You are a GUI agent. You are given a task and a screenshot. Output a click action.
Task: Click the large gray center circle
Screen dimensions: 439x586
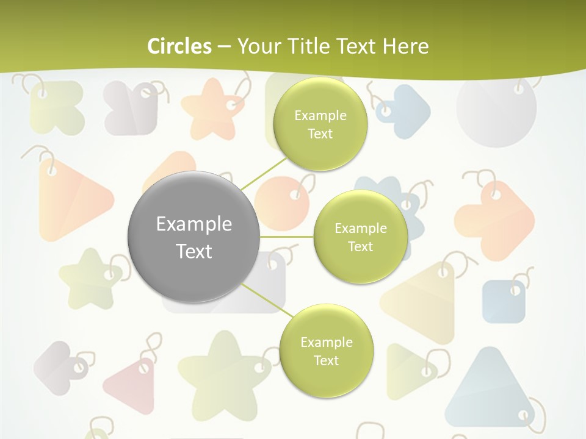[194, 237]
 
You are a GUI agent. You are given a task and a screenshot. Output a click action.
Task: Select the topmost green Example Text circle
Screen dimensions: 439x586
[319, 124]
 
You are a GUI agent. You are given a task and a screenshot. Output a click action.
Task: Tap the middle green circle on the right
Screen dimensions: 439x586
[360, 237]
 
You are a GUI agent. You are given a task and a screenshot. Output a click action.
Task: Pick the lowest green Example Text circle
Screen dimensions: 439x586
[326, 351]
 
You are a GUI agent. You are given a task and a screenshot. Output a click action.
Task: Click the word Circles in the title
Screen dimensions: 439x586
[179, 46]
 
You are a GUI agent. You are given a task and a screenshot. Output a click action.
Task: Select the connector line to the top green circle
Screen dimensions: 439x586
[263, 172]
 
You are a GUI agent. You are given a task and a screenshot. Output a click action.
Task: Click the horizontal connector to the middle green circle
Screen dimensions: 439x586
[286, 237]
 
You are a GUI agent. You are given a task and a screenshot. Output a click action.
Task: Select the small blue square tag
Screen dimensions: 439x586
[504, 301]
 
